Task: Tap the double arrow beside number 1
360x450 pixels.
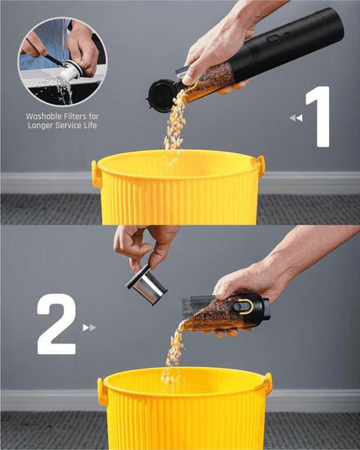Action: (x=296, y=118)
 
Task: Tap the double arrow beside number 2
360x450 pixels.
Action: (x=89, y=328)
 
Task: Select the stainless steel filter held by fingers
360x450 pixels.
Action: (x=147, y=284)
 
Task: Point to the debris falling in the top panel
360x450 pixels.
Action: (x=175, y=126)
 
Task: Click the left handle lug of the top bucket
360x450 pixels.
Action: (x=96, y=173)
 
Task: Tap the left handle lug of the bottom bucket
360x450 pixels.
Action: (x=102, y=391)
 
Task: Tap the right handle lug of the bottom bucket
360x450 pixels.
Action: (x=267, y=384)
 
